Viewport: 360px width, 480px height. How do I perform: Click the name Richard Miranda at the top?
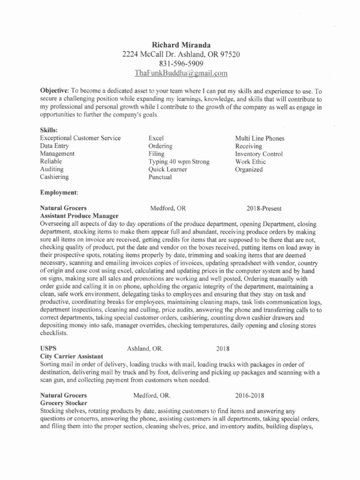(181, 45)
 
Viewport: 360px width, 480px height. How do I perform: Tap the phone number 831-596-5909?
(181, 64)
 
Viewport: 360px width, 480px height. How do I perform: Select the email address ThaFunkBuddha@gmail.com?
(181, 73)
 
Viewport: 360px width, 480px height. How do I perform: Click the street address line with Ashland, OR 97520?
(181, 55)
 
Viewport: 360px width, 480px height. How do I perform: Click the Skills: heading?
(49, 131)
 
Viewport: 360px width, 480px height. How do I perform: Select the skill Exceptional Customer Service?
(80, 138)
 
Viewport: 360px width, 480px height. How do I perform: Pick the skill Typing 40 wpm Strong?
(179, 162)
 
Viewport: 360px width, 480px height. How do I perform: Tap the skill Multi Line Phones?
(260, 138)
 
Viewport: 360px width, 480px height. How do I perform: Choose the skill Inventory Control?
(259, 154)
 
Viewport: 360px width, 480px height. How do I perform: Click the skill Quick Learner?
(167, 169)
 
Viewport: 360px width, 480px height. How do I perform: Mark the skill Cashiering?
(54, 177)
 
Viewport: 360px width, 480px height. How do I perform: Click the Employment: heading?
(59, 193)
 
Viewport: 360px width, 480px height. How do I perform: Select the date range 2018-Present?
(264, 208)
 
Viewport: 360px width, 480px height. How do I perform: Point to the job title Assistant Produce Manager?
(79, 216)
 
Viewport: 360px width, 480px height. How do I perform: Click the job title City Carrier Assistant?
(71, 357)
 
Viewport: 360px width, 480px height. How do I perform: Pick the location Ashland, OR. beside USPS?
(145, 349)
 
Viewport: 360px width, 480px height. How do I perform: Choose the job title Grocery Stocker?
(63, 404)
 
